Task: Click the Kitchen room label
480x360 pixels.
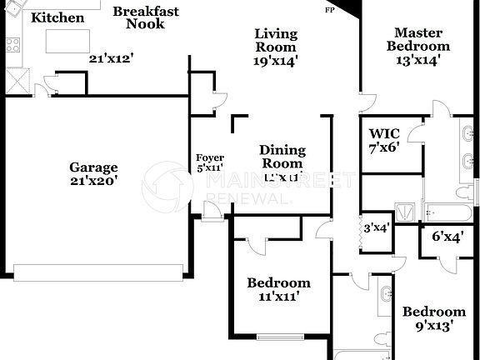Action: pos(57,17)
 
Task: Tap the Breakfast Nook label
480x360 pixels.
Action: pos(146,17)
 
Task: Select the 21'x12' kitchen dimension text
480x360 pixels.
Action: pos(112,58)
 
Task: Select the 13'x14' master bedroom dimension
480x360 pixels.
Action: pos(418,60)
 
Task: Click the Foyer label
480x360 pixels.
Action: pos(210,157)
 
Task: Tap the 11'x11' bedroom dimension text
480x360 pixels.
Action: pos(278,296)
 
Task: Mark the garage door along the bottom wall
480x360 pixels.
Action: pos(97,272)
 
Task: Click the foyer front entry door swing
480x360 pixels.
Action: pos(212,210)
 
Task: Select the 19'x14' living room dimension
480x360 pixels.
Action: pos(276,60)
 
